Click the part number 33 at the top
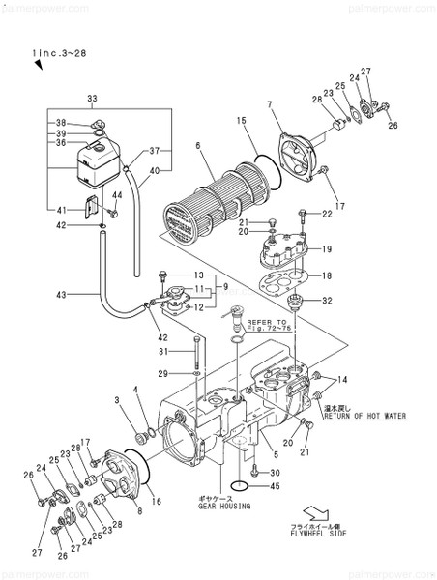(x=92, y=99)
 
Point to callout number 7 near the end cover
(x=270, y=104)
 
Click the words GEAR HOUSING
(x=224, y=506)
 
